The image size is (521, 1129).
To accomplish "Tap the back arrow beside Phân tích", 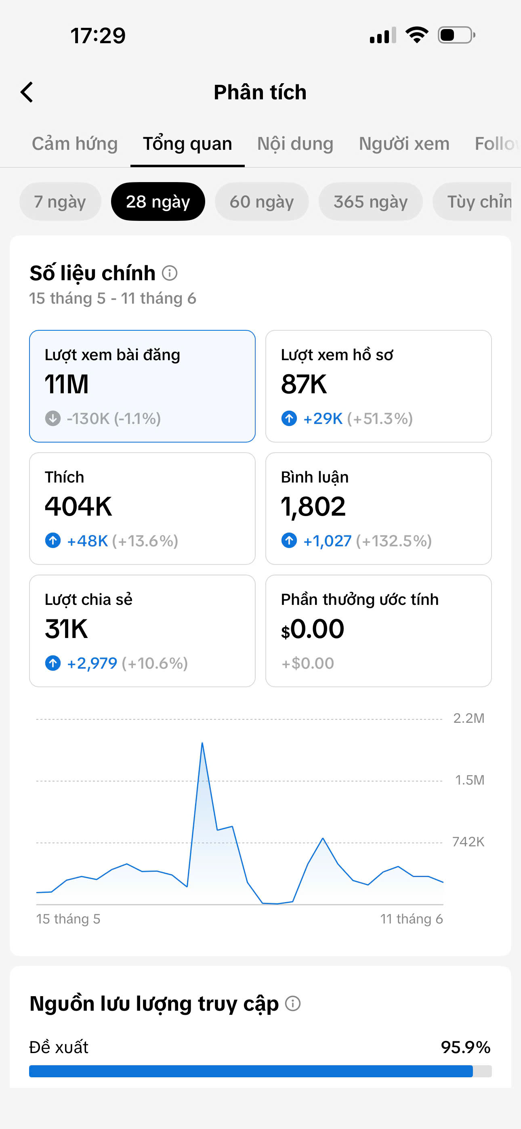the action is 27,92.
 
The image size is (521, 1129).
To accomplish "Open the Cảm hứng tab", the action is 75,144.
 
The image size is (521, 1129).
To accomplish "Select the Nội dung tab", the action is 295,144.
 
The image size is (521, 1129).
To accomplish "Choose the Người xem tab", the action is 404,144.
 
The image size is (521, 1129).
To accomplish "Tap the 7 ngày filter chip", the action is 60,201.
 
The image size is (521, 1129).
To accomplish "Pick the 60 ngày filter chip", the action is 262,201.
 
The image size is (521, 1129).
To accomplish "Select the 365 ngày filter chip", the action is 371,201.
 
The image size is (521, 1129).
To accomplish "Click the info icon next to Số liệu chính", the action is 170,273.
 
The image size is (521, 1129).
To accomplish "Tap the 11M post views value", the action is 67,384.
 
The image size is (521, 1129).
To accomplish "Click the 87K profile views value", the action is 304,384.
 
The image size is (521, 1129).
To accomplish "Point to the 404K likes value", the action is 78,507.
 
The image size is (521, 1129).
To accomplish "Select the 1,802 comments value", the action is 313,507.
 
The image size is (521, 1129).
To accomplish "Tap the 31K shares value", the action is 66,629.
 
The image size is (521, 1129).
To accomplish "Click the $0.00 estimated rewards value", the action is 313,630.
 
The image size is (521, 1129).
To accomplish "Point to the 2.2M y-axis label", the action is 469,718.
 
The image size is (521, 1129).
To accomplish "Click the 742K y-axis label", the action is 468,842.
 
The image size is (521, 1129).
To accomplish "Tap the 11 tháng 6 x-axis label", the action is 412,919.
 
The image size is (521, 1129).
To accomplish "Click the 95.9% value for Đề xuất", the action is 465,1047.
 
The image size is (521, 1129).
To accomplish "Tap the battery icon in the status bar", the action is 456,35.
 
